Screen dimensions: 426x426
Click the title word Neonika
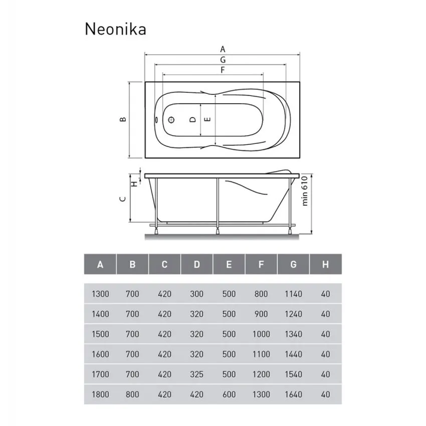point(115,29)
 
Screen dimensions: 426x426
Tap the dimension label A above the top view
point(223,49)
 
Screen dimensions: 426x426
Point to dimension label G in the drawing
point(223,59)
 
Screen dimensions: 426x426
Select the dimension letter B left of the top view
point(122,119)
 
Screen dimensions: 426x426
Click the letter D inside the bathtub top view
point(192,120)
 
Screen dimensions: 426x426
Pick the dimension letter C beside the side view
point(122,198)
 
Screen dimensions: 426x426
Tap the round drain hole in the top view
point(171,120)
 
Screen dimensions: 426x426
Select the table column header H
point(325,264)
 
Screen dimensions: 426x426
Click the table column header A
point(100,264)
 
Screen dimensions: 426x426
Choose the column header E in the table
point(229,264)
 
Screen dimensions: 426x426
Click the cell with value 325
point(197,374)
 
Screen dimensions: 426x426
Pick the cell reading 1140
point(293,294)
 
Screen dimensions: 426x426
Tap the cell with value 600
point(229,394)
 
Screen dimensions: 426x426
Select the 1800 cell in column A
point(100,394)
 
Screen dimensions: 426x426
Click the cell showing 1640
point(293,394)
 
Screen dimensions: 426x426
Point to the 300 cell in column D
point(197,294)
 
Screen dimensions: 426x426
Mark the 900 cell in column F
point(261,314)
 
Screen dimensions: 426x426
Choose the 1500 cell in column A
point(100,334)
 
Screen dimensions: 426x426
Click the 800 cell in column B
point(132,394)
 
